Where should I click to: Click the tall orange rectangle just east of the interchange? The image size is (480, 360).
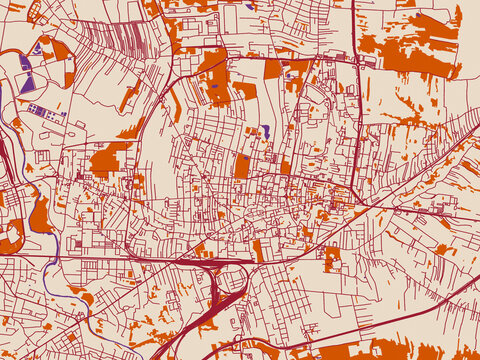tap(259, 250)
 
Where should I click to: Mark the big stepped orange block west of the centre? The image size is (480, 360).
tap(108, 160)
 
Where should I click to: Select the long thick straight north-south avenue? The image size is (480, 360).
tap(357, 120)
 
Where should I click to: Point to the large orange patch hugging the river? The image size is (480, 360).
tap(39, 215)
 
